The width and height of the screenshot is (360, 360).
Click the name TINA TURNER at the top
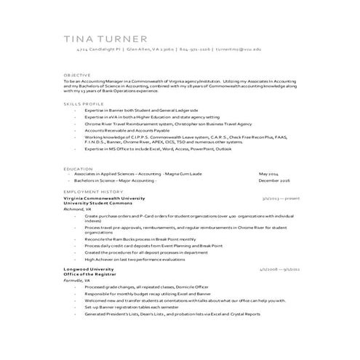pyautogui.click(x=105, y=39)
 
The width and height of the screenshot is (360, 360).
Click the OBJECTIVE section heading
pyautogui.click(x=77, y=75)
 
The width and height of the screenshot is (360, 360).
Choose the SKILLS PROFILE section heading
pyautogui.click(x=81, y=104)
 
